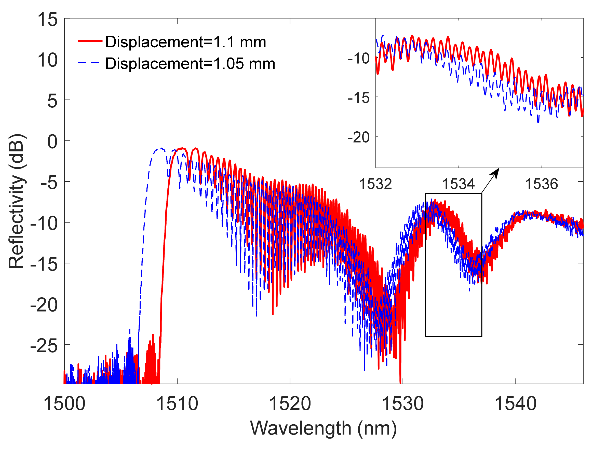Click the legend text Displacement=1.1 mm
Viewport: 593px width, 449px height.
click(185, 42)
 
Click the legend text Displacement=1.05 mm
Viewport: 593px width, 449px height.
click(190, 64)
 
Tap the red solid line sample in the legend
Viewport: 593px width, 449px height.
click(90, 41)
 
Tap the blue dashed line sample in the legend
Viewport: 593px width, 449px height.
click(89, 63)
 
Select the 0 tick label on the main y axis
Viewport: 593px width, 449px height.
click(52, 142)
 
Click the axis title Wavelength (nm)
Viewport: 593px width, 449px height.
click(323, 428)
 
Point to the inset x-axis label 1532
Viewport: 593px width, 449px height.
click(375, 184)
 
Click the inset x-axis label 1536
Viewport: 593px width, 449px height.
click(541, 184)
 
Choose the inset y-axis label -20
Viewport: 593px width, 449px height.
click(359, 138)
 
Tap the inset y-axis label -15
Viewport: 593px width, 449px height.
click(359, 98)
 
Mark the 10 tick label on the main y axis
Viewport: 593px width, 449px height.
click(47, 60)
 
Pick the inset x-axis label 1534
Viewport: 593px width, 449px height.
click(458, 184)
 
